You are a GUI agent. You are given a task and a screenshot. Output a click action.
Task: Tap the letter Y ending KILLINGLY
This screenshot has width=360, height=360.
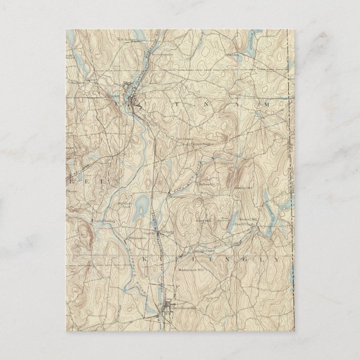[276, 260]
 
